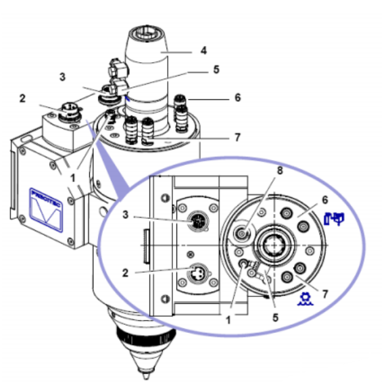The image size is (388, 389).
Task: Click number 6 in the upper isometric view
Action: pyautogui.click(x=237, y=97)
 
